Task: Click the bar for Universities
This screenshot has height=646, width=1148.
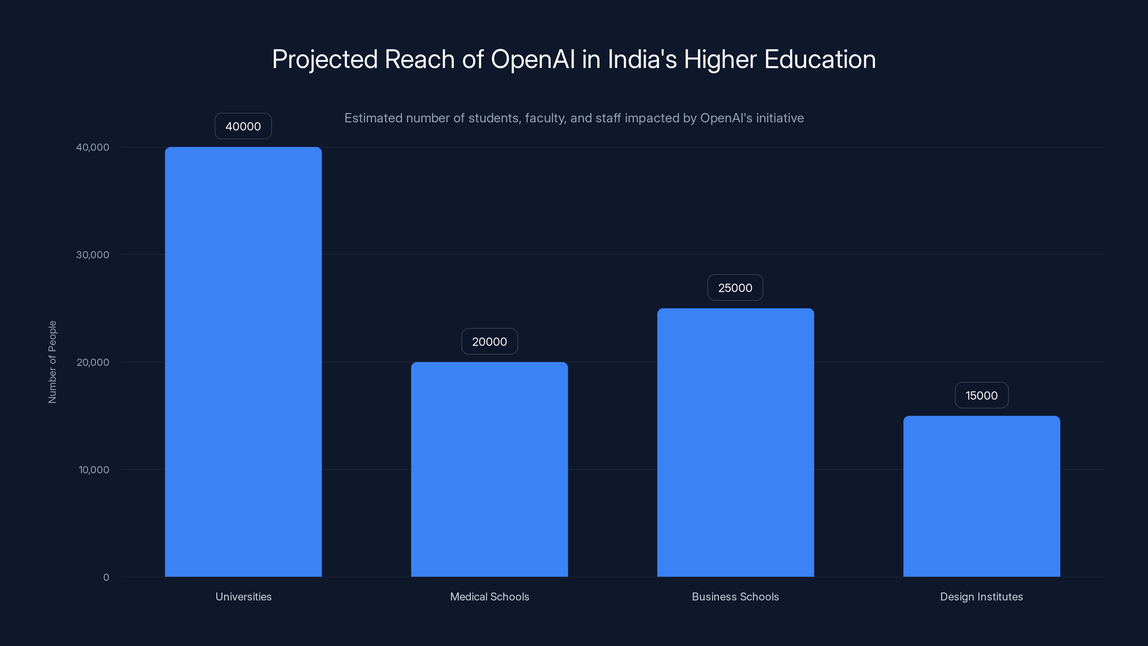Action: coord(243,361)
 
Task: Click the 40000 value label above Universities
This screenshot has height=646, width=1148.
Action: coord(243,126)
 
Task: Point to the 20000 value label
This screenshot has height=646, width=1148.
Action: coord(489,342)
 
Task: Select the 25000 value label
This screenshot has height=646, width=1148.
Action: coord(735,287)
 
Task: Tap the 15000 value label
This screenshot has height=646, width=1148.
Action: coord(981,395)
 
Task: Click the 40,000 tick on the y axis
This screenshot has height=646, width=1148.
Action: coord(92,147)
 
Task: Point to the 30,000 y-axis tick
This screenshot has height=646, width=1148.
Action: coord(92,254)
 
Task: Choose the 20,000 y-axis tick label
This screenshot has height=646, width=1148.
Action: coord(92,362)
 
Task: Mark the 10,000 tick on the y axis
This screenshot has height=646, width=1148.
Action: coord(94,469)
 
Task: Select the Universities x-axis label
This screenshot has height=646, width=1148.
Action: coord(243,596)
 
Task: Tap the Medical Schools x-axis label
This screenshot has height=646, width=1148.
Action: coord(489,596)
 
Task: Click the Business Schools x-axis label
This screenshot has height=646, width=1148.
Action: coord(735,596)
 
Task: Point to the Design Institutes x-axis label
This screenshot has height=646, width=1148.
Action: coord(981,596)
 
